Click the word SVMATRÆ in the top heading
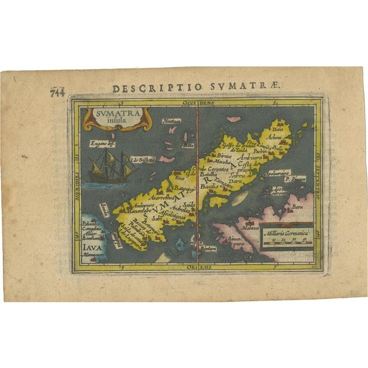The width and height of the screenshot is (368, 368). (x=254, y=87)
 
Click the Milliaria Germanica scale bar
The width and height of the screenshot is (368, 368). (x=286, y=235)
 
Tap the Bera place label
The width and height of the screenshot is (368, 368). (x=297, y=205)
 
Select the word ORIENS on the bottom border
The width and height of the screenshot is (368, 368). (x=198, y=267)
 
